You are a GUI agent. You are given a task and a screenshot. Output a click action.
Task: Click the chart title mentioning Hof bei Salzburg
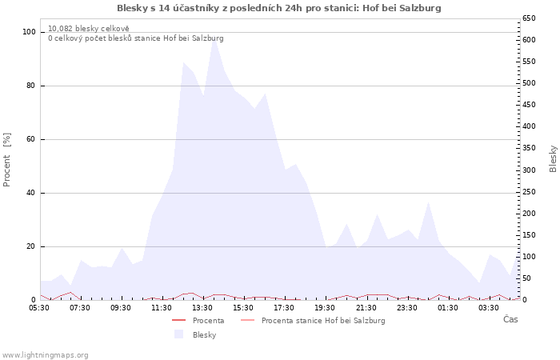(279, 8)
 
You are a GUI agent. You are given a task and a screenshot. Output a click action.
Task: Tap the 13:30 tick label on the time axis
(202, 308)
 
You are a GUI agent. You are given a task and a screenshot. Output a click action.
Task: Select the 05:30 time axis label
(39, 308)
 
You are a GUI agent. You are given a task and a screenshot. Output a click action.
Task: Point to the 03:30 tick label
(489, 308)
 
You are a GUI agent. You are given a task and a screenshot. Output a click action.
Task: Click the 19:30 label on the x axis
(325, 308)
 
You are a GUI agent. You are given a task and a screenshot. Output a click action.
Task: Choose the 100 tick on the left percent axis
(29, 32)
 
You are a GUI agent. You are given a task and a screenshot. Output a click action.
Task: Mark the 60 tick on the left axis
(30, 139)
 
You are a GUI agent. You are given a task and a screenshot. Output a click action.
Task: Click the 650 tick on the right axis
(529, 18)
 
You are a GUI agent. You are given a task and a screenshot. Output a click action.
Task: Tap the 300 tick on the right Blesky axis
(529, 170)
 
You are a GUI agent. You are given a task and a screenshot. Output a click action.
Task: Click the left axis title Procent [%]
(6, 160)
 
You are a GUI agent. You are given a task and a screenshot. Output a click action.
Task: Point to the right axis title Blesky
(553, 159)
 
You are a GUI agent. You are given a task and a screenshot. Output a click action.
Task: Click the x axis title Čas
(510, 319)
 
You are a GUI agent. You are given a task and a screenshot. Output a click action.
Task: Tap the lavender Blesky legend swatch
(178, 334)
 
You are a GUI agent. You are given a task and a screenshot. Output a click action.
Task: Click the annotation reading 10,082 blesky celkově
(89, 29)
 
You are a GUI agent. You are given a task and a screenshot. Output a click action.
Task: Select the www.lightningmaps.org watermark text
(44, 355)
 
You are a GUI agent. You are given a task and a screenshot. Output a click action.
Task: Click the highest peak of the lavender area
(214, 40)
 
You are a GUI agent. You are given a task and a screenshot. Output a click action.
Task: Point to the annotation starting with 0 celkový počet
(136, 38)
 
